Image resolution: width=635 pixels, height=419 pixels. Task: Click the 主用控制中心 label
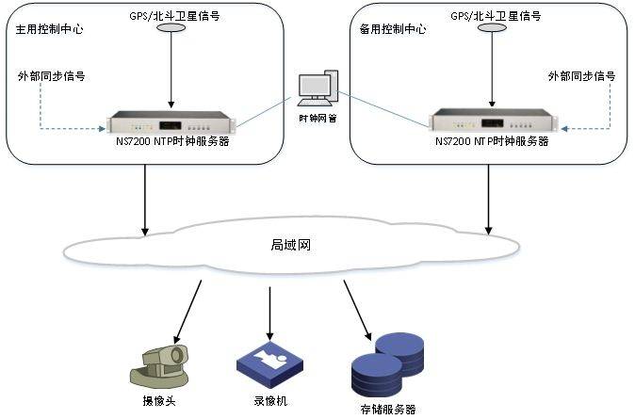click(x=50, y=29)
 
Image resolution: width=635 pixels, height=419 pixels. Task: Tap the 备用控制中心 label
click(x=393, y=29)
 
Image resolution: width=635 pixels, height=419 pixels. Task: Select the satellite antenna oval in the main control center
click(x=171, y=30)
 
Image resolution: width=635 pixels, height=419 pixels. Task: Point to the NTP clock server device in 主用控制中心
click(x=170, y=122)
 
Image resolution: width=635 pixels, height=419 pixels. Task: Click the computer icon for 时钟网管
click(x=317, y=89)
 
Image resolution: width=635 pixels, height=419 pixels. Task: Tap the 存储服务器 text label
click(x=387, y=410)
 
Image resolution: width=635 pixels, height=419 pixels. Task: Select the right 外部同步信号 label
click(x=582, y=76)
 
